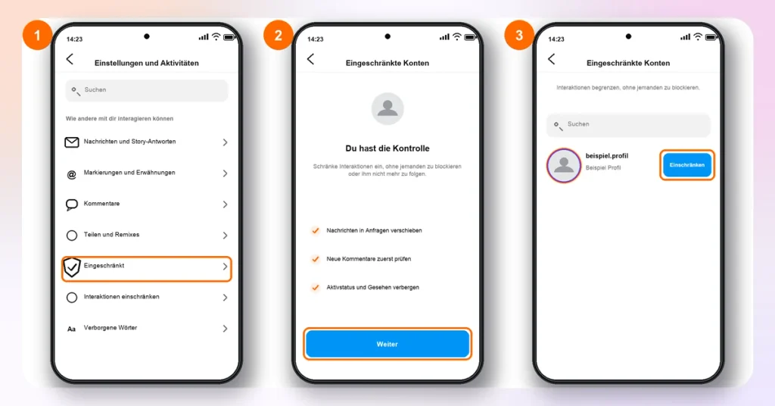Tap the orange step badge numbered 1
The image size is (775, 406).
(37, 35)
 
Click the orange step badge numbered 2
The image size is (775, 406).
(279, 35)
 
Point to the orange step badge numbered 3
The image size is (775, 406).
(519, 35)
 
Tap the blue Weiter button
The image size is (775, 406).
(387, 344)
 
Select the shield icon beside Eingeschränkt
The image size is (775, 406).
(72, 267)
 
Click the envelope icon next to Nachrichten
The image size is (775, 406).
(72, 142)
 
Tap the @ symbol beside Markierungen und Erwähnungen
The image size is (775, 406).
(72, 174)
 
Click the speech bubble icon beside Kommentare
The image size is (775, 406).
(72, 205)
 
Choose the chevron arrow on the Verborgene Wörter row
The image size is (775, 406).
(225, 329)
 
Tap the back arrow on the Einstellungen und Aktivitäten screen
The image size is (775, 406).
(70, 59)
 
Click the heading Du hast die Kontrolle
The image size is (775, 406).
(387, 148)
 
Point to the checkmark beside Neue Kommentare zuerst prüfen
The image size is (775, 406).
(316, 258)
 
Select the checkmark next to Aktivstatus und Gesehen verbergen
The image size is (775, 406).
(316, 287)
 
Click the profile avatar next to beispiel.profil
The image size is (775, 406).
(563, 165)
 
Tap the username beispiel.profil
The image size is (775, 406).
(606, 156)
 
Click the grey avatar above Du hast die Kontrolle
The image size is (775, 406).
(387, 109)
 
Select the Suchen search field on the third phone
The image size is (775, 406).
(628, 125)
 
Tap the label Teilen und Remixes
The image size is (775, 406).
(111, 234)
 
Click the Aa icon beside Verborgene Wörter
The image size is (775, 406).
(72, 329)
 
